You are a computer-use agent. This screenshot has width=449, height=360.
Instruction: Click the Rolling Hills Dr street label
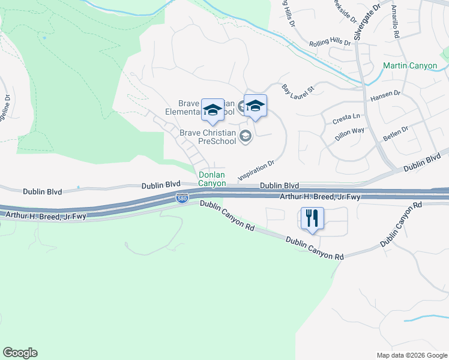coord(330,43)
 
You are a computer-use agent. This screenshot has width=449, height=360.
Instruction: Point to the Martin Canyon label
coord(411,65)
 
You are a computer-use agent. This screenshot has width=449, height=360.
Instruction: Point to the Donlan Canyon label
coord(212,179)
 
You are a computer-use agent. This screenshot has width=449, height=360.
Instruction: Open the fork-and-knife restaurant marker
coord(312,218)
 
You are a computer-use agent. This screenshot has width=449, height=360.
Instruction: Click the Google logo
coord(20,353)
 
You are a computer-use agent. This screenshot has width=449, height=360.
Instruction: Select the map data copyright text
coord(411,355)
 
